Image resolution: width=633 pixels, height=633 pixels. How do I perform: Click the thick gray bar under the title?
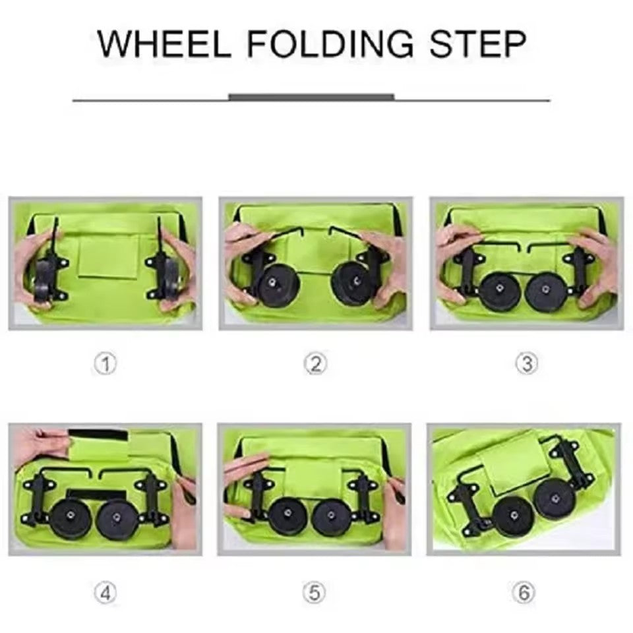(311, 97)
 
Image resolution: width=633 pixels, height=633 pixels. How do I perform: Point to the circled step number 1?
(105, 363)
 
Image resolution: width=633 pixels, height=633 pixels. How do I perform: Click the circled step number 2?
(315, 363)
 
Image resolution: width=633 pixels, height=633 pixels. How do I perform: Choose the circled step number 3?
(526, 363)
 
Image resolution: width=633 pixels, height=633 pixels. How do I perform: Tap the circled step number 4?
(105, 593)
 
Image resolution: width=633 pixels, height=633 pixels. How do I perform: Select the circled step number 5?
(315, 593)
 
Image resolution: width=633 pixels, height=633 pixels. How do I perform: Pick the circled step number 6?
(524, 593)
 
